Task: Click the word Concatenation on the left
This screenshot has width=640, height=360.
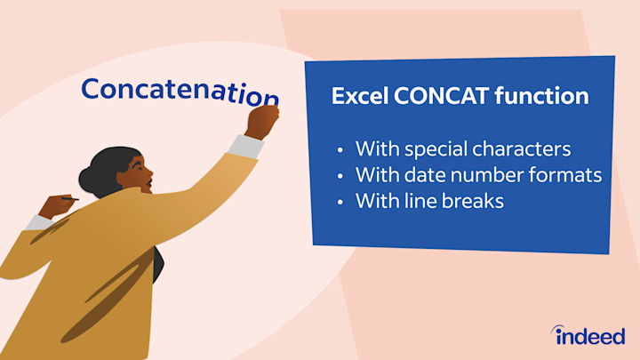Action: pos(180,92)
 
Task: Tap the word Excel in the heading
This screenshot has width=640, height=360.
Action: pos(360,96)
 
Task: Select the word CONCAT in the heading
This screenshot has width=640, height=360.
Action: pos(441,96)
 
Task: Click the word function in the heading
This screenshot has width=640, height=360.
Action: pos(541,95)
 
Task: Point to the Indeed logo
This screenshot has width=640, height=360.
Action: pos(588,335)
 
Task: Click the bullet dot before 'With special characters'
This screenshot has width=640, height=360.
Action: pos(340,150)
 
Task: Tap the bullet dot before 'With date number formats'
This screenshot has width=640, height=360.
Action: pos(340,176)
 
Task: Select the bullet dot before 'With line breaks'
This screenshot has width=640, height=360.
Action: pos(340,203)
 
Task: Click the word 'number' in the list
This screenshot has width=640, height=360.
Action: pos(487,175)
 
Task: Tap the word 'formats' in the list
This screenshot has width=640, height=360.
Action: pos(565,175)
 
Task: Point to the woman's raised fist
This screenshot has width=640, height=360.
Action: pos(262,121)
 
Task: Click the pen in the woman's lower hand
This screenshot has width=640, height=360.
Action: pos(69,199)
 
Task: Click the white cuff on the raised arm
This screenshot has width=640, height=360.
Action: pos(245,146)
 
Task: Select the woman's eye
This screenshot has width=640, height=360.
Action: pos(138,168)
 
